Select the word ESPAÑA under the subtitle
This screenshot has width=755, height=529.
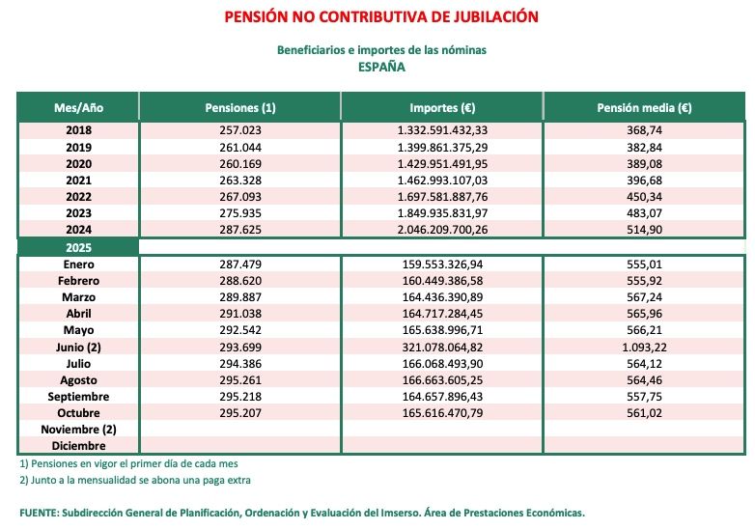(381, 67)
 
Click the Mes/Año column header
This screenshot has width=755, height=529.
(78, 107)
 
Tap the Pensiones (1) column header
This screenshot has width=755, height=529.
(241, 107)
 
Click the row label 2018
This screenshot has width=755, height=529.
(78, 130)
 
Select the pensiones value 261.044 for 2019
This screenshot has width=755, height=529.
(241, 147)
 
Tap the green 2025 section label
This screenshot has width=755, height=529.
(78, 247)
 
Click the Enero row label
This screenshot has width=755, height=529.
(78, 264)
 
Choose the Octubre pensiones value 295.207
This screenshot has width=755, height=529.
(241, 413)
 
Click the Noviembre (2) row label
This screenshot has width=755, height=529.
(78, 430)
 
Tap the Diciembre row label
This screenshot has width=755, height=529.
(78, 446)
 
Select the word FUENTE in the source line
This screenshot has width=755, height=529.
(41, 513)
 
